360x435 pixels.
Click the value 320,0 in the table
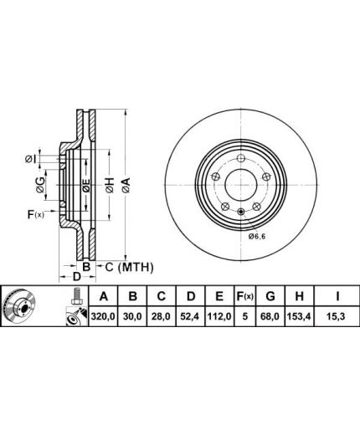click(x=103, y=317)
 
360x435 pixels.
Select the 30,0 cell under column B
click(x=133, y=317)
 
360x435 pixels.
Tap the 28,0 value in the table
click(x=162, y=317)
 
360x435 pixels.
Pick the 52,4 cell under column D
click(x=190, y=317)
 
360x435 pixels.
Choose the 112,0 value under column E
click(x=219, y=317)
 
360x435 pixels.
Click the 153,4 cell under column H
click(x=299, y=317)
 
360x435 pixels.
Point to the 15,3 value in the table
click(x=337, y=317)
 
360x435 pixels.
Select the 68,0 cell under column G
click(x=270, y=317)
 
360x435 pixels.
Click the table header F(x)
click(x=244, y=296)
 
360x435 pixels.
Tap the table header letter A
click(x=104, y=296)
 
